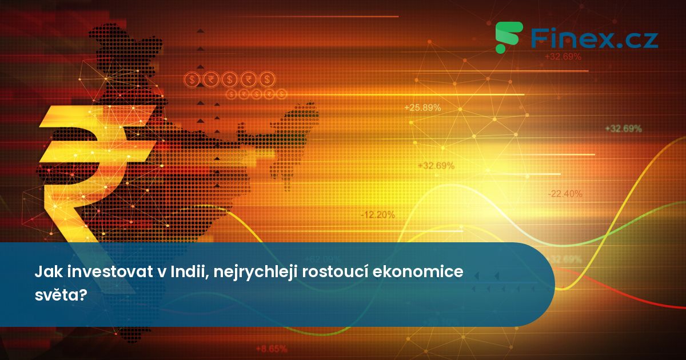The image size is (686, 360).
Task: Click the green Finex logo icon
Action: [508, 38]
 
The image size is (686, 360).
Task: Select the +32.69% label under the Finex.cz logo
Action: [563, 57]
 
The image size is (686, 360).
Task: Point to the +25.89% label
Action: [422, 107]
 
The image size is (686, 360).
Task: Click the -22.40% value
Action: [565, 194]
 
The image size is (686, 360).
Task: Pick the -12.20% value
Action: [377, 215]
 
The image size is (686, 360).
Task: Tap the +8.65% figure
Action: [271, 348]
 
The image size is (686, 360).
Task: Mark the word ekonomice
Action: [418, 273]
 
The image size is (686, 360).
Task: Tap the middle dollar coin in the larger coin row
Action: [230, 79]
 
